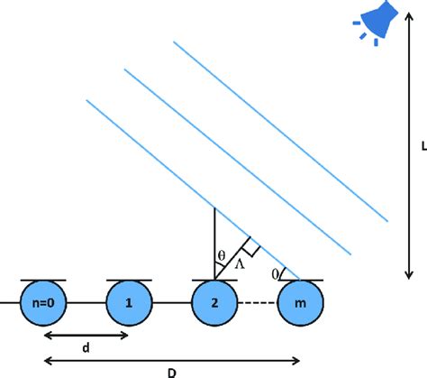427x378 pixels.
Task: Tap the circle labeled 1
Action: pyautogui.click(x=130, y=306)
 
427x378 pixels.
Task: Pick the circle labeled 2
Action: pyautogui.click(x=215, y=306)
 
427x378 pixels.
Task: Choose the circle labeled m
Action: pyautogui.click(x=301, y=306)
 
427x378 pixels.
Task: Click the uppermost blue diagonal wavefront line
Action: pyautogui.click(x=279, y=130)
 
